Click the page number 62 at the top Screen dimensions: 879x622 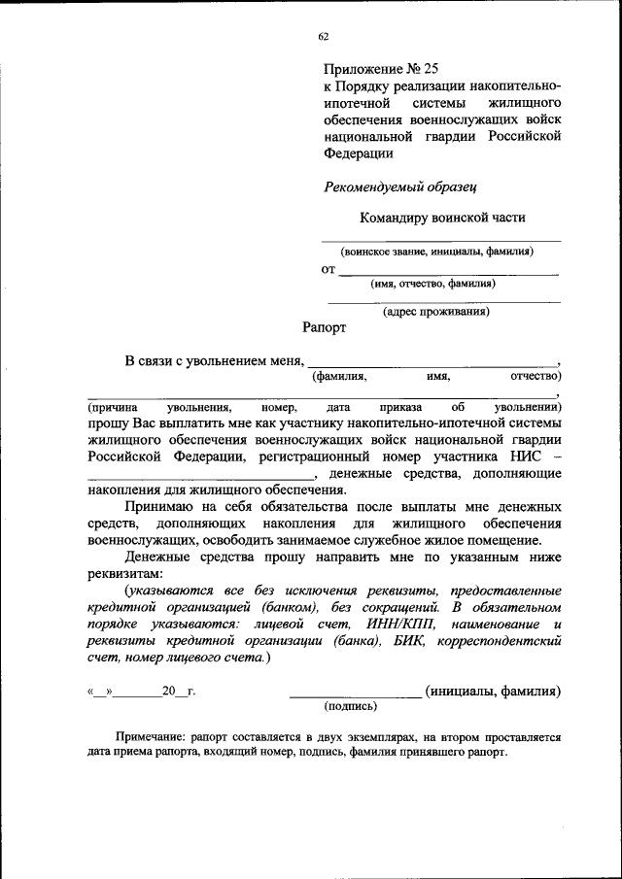pyautogui.click(x=323, y=37)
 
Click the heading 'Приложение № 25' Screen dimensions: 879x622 pyautogui.click(x=381, y=69)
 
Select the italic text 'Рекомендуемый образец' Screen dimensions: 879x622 pyautogui.click(x=385, y=186)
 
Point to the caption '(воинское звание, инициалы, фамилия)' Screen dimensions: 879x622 pyautogui.click(x=441, y=252)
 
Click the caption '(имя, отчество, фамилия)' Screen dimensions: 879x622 pyautogui.click(x=432, y=285)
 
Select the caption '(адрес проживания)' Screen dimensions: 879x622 pyautogui.click(x=435, y=312)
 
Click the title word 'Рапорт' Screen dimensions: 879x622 pyautogui.click(x=324, y=328)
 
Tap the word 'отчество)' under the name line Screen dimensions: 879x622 pyautogui.click(x=536, y=376)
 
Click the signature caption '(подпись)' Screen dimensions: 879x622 pyautogui.click(x=355, y=707)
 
